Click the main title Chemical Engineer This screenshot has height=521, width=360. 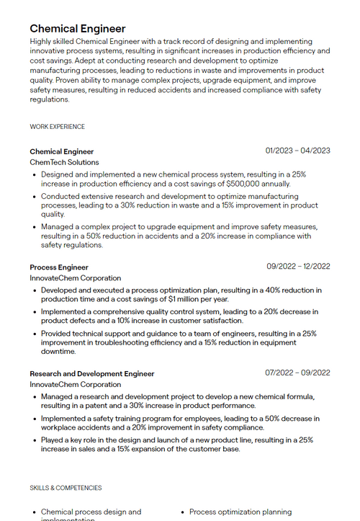coord(77,29)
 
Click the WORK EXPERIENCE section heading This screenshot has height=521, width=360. coord(57,127)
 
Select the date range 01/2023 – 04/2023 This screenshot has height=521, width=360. coord(297,151)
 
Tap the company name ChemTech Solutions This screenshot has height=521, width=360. coord(64,162)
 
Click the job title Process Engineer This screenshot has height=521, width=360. coord(59,267)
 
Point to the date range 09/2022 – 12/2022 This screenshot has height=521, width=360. coord(298,266)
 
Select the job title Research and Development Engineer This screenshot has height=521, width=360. coord(92,373)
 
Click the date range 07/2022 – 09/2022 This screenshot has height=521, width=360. coord(297,373)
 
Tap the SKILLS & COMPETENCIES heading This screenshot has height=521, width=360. coord(66,488)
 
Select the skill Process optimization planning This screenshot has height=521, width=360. coord(240,512)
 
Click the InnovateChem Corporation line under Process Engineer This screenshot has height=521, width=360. coord(76,278)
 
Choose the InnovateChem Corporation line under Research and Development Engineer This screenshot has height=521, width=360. coord(76,384)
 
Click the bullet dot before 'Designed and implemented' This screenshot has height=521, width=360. coord(35,174)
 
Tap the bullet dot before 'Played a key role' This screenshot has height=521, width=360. coord(35,440)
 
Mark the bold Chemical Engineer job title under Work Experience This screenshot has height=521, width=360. coord(62,151)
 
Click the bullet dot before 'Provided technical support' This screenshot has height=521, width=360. coord(35,334)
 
